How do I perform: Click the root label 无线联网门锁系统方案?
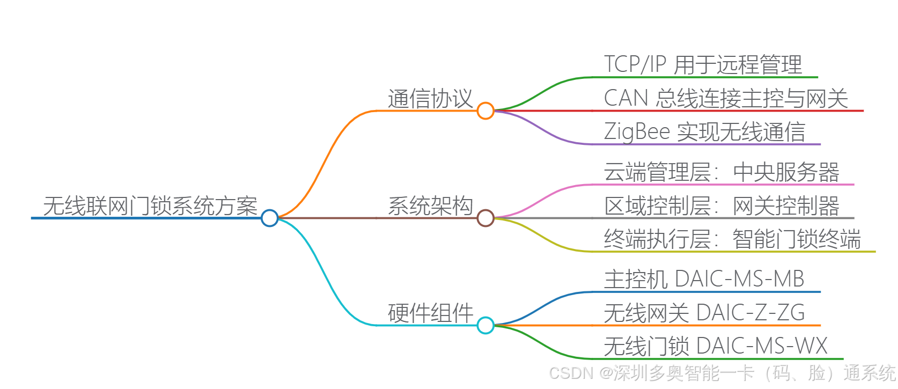(150, 206)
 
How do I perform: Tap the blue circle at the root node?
(270, 218)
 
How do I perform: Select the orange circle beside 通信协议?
(485, 111)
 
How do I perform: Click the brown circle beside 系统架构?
(485, 218)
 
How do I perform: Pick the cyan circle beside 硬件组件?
(485, 325)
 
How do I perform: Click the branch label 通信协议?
(430, 99)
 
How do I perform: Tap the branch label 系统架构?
(430, 206)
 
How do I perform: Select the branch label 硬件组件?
(430, 313)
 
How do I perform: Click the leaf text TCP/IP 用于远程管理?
(703, 65)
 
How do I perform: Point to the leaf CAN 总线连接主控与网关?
(725, 99)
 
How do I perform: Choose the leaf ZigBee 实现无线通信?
(704, 132)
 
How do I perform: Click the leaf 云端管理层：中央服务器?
(722, 172)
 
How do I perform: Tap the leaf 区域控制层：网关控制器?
(722, 206)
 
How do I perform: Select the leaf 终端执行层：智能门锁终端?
(732, 239)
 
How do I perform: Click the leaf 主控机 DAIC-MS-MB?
(704, 280)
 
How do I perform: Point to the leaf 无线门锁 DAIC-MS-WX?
(716, 347)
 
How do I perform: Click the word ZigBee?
(637, 132)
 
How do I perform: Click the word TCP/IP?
(635, 65)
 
